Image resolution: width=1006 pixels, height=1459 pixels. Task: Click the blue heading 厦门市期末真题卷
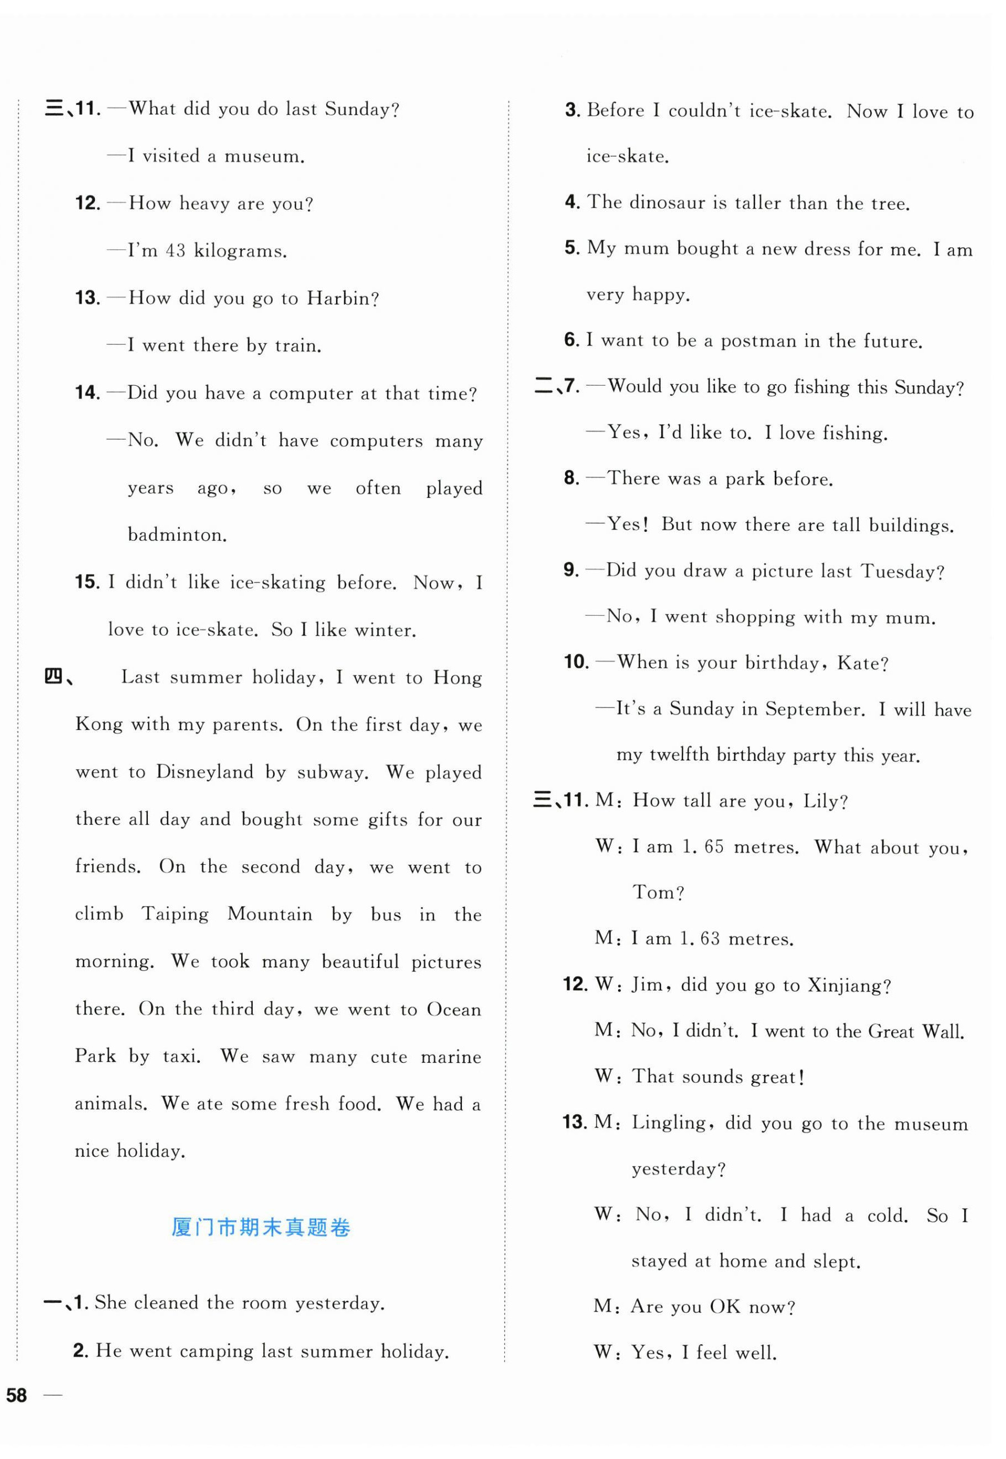(260, 1227)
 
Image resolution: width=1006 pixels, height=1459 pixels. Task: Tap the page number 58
(17, 1396)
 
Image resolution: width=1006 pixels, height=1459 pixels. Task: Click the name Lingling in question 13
(669, 1123)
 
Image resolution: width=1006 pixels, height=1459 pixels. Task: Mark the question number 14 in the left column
(88, 393)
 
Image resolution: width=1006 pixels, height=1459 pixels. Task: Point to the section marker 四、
(58, 678)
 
